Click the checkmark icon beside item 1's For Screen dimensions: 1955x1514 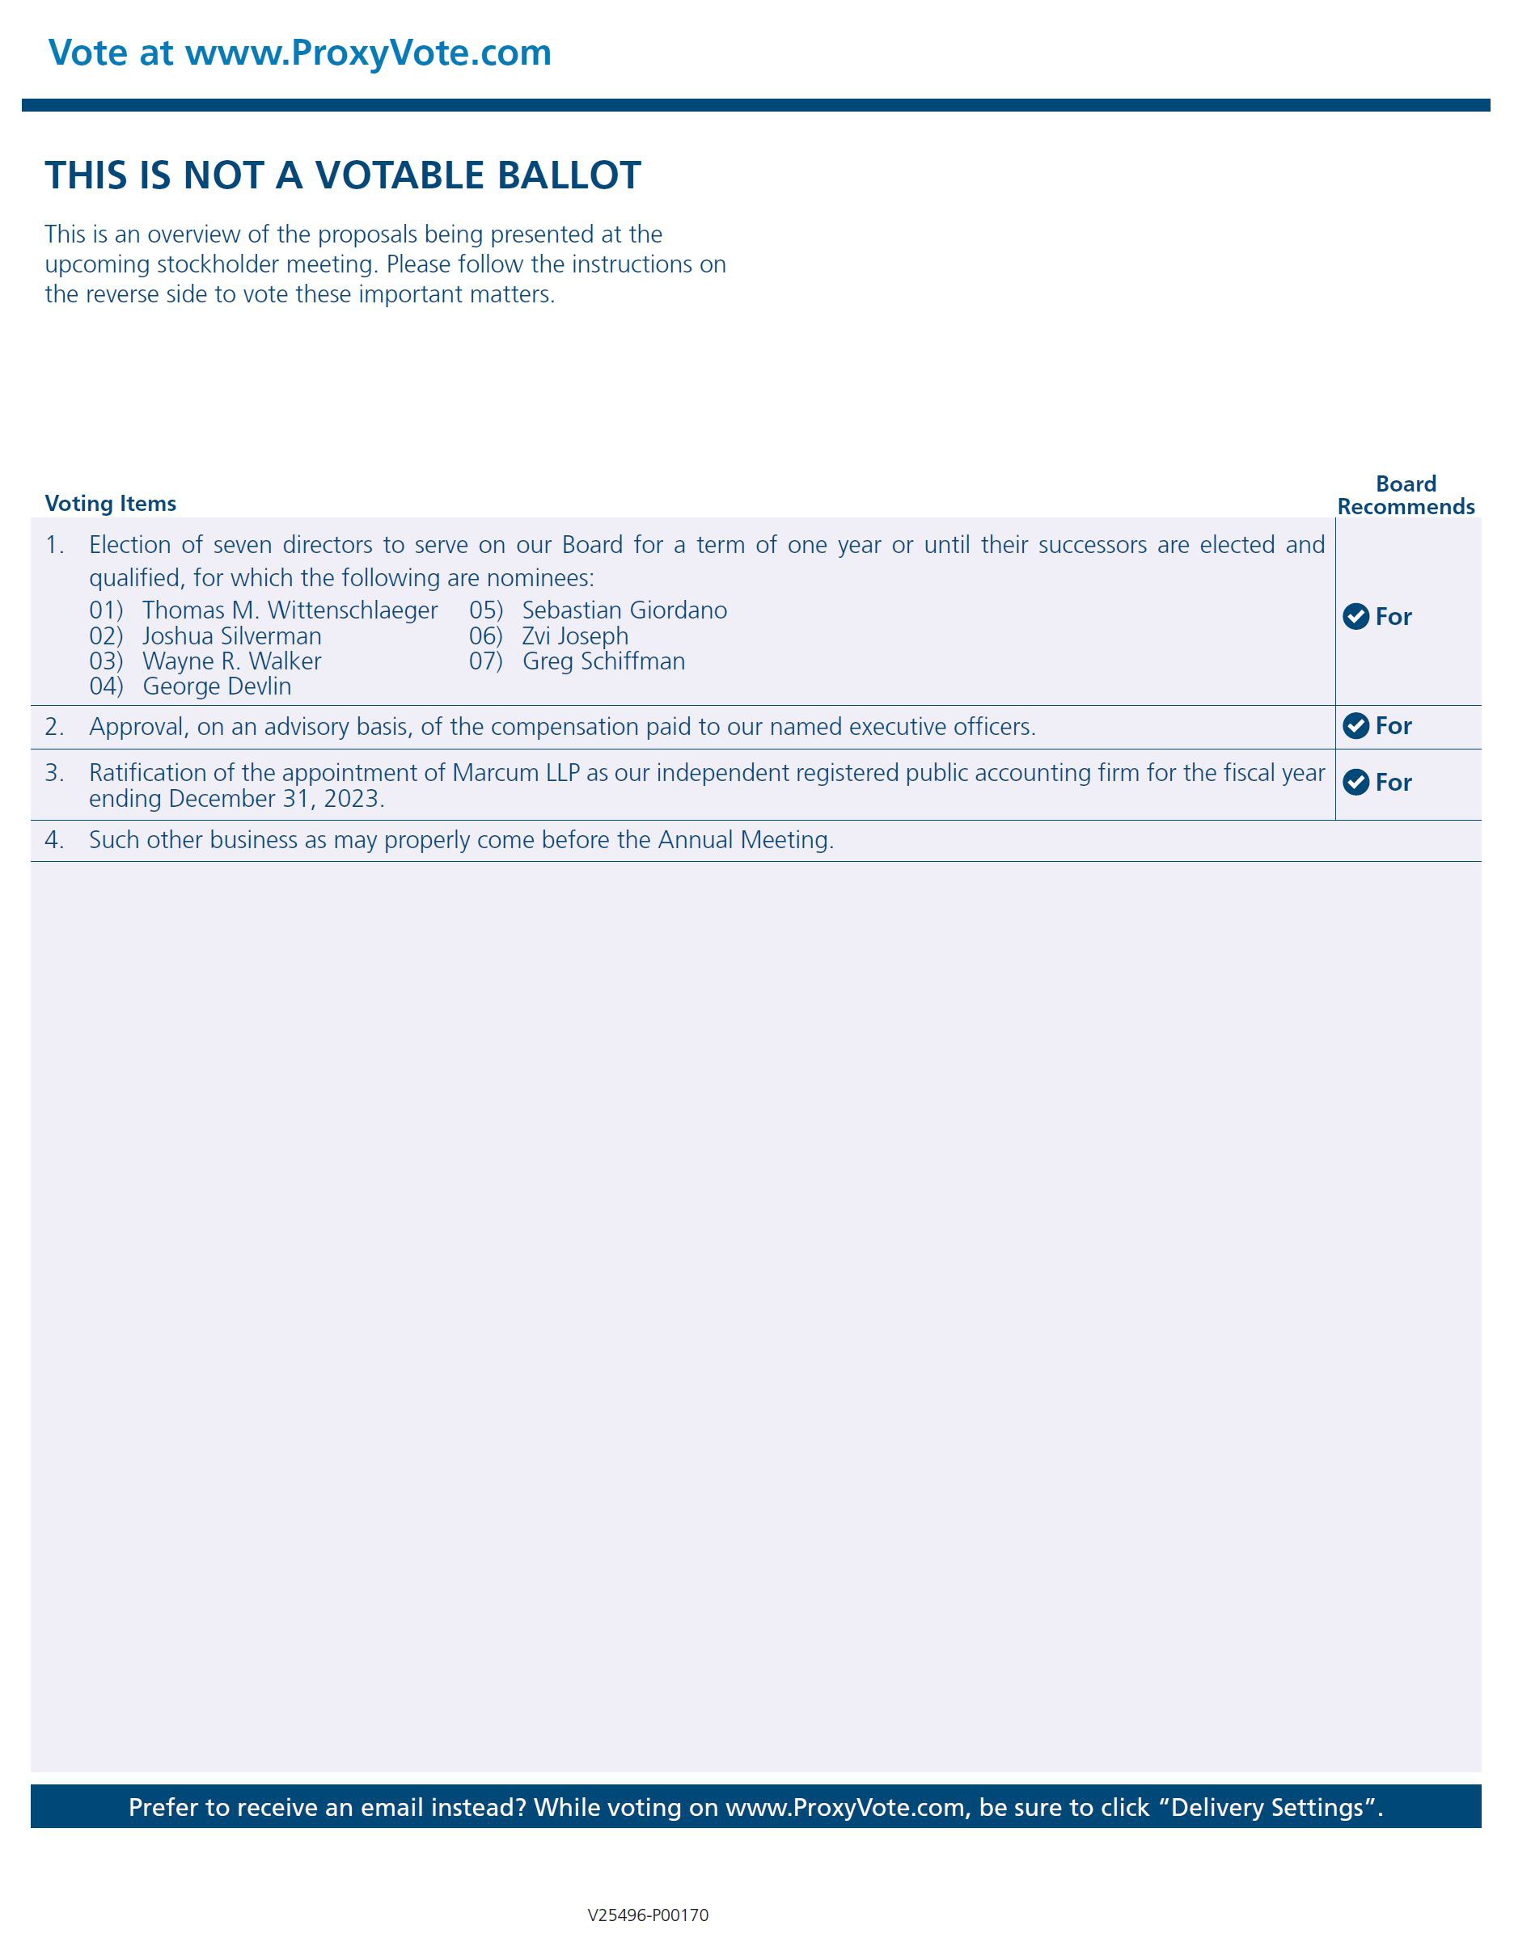click(1355, 617)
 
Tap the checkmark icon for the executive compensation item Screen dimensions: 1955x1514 click(1355, 726)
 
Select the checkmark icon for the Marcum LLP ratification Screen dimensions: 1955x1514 click(1355, 783)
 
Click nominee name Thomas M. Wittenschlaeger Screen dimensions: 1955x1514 click(290, 610)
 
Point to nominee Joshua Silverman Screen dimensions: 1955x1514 click(231, 636)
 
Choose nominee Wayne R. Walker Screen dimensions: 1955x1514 click(231, 661)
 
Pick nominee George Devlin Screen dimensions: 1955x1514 click(217, 686)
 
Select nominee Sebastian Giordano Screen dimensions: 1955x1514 click(624, 610)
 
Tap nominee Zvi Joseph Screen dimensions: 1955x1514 click(575, 636)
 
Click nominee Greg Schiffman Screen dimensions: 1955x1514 click(603, 661)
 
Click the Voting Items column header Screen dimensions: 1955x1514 click(110, 504)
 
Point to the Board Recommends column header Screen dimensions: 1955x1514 click(1406, 495)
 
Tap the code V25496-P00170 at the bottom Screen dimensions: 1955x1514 click(647, 1915)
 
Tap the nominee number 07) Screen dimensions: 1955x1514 click(485, 661)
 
